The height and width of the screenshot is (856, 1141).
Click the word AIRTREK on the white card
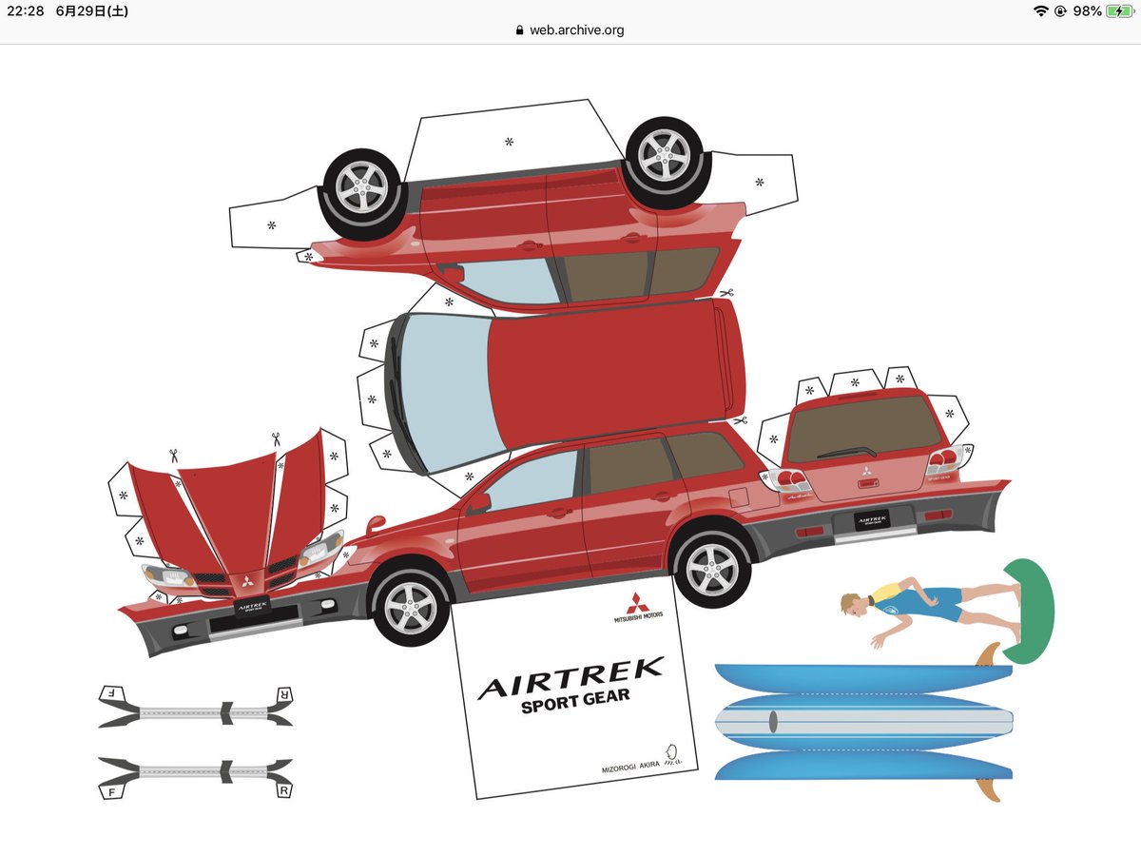[x=570, y=678]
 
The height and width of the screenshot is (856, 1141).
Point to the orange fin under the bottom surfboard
[x=987, y=788]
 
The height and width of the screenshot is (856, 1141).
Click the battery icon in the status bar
[x=1118, y=11]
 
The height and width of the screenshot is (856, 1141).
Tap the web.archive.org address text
[x=576, y=30]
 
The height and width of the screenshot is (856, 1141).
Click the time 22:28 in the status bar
[x=26, y=11]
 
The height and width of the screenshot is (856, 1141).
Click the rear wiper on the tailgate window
[x=846, y=452]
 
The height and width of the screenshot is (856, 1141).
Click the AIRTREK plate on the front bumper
[x=251, y=605]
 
